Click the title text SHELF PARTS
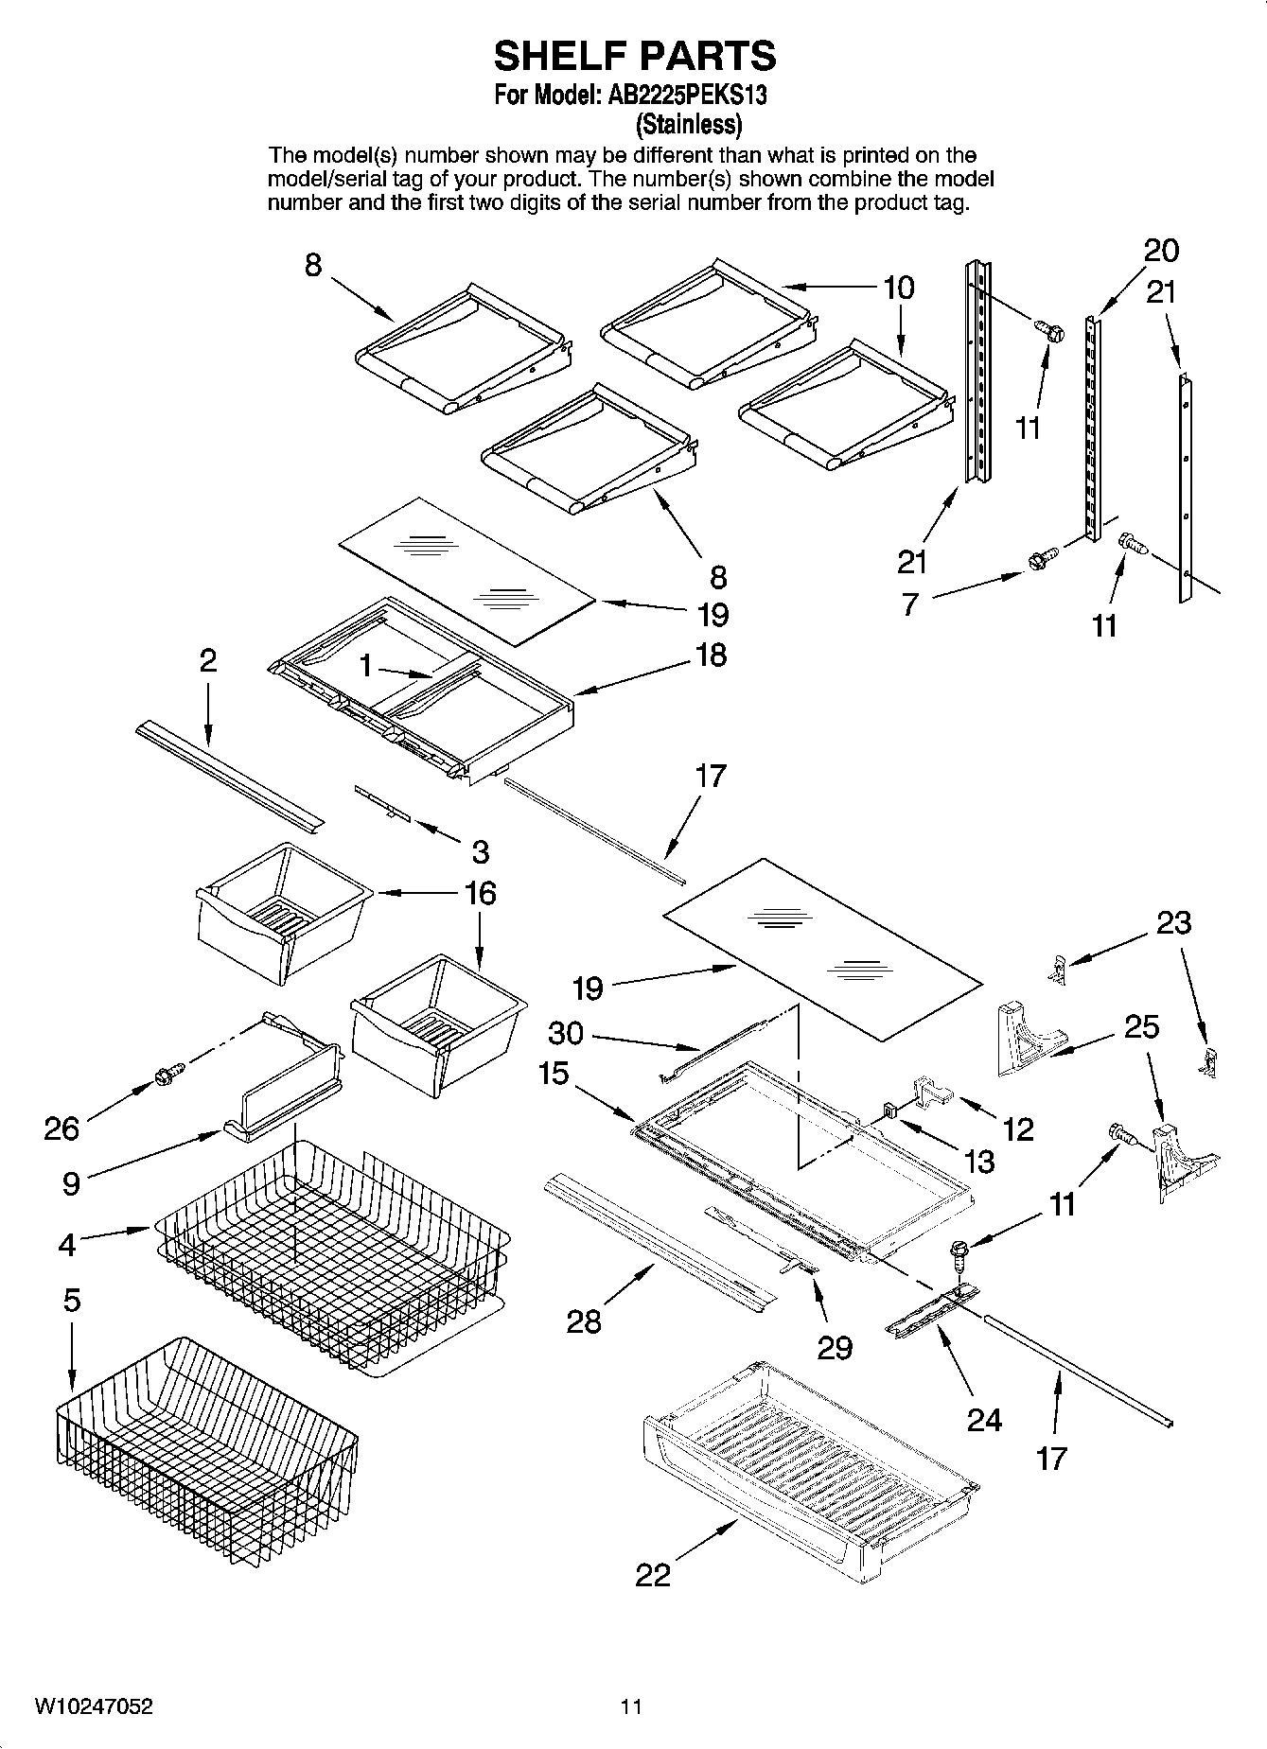click(x=634, y=56)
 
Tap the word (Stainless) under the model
click(x=688, y=124)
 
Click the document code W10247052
click(x=94, y=1706)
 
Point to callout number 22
click(x=653, y=1574)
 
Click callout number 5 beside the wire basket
click(x=72, y=1301)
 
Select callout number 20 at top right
click(x=1161, y=251)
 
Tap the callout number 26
click(x=62, y=1128)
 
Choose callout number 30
click(x=566, y=1033)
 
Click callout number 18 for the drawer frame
click(x=711, y=654)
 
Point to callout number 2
click(x=207, y=660)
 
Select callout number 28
click(x=584, y=1320)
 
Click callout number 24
click(x=984, y=1419)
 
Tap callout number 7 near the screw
click(x=909, y=603)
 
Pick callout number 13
click(x=979, y=1161)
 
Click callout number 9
click(x=72, y=1182)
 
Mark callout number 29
click(x=835, y=1347)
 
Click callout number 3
click(x=480, y=851)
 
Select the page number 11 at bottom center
click(x=631, y=1706)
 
